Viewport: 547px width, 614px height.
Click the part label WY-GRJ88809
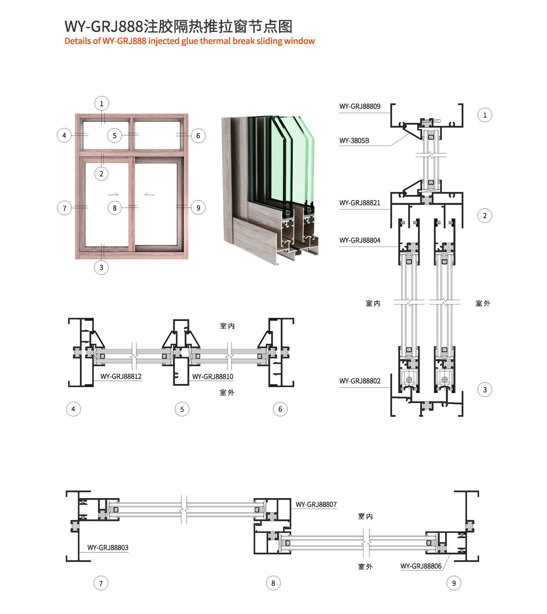(359, 106)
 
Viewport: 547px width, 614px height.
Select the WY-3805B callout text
(354, 141)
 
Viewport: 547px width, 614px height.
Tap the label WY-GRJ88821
(359, 203)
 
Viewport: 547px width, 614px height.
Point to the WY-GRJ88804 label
(359, 240)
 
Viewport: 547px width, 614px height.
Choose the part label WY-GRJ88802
(359, 381)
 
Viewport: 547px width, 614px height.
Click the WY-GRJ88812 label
(121, 377)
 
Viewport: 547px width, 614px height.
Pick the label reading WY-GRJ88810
(212, 377)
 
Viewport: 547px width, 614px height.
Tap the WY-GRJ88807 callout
(316, 504)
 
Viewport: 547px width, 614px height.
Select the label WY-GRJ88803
(108, 547)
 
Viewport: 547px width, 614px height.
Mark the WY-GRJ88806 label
(421, 566)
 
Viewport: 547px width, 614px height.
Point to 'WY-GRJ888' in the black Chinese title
(104, 26)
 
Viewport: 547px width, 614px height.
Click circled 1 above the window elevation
(101, 104)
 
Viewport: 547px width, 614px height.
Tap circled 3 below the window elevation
(101, 268)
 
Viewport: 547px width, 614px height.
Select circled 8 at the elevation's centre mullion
(115, 208)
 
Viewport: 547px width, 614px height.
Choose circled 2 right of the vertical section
(484, 215)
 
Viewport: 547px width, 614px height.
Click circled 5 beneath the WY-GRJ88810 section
(182, 409)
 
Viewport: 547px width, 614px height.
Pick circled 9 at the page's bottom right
(453, 583)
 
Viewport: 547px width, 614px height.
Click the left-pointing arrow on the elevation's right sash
(149, 194)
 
